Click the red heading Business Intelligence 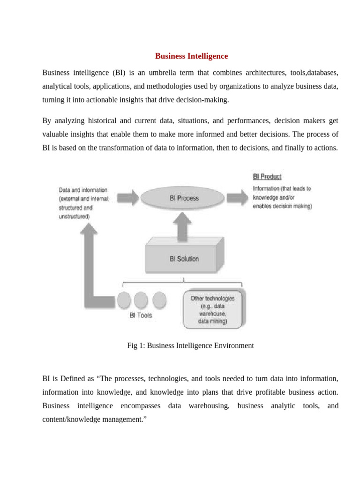(x=191, y=56)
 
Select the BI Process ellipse (x=184, y=198)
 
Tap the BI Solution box (x=184, y=258)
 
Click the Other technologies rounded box (x=212, y=310)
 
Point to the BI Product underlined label (x=267, y=177)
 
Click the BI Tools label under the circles (x=141, y=315)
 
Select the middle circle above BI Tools (x=141, y=300)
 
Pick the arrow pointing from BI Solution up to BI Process (x=184, y=225)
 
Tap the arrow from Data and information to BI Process (x=127, y=197)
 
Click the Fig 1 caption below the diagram (x=190, y=346)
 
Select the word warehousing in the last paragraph (x=209, y=405)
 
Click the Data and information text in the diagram (x=83, y=190)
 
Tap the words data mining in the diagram (x=212, y=322)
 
